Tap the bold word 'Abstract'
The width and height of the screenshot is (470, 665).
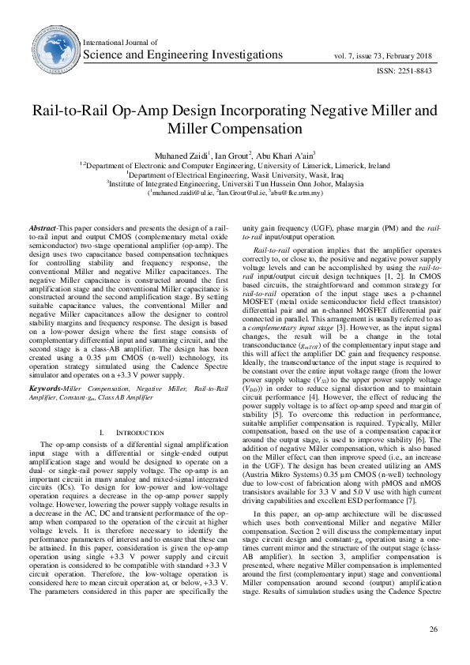pyautogui.click(x=42, y=226)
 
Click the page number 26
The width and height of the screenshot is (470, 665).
pyautogui.click(x=433, y=629)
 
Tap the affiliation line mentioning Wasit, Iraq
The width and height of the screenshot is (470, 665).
pyautogui.click(x=235, y=175)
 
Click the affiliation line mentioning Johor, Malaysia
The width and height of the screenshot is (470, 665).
pyautogui.click(x=235, y=183)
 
